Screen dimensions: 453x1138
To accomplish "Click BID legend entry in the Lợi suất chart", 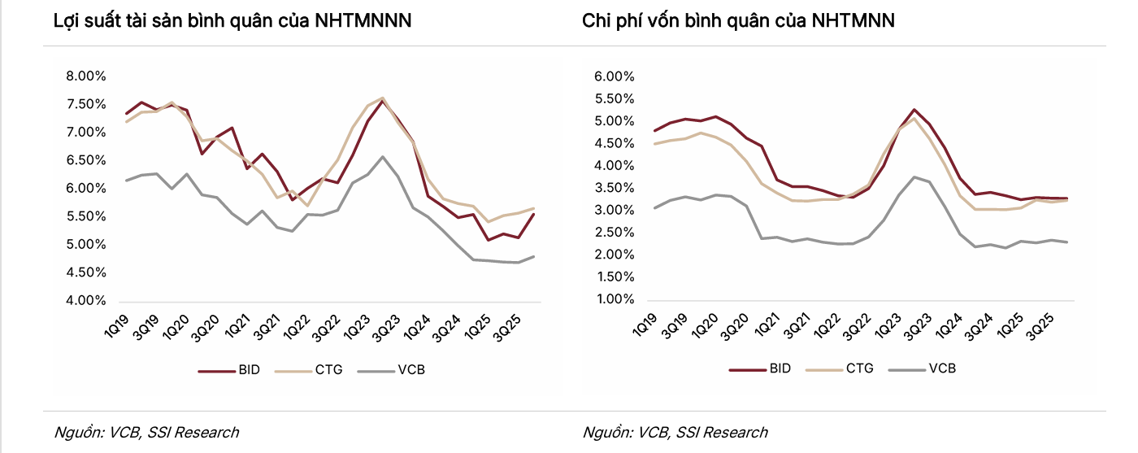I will pos(229,370).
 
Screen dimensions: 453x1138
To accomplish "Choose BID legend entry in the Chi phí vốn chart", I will pos(760,368).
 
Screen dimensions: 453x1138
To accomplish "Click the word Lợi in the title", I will pos(67,21).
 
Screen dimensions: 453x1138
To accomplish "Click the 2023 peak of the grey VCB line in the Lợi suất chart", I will pos(383,156).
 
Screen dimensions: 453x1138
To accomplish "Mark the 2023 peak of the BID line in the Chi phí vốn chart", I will pos(914,110).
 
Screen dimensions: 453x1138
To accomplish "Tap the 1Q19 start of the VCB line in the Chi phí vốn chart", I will pos(655,208).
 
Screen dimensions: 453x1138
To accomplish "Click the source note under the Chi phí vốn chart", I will pos(675,433).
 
